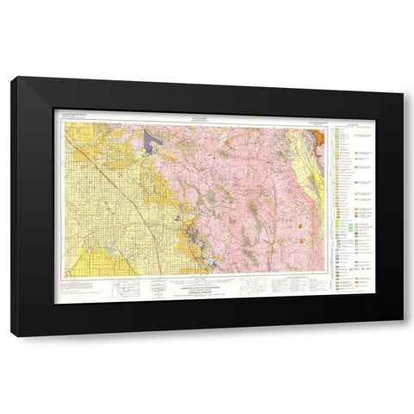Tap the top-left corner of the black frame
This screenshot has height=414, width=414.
tap(14, 79)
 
